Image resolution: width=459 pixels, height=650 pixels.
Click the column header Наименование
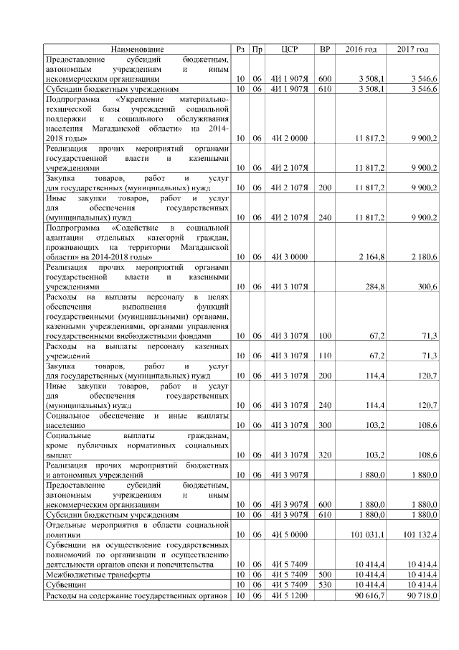137,49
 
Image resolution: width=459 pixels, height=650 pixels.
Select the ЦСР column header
290,49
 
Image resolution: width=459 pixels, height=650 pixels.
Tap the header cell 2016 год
361,49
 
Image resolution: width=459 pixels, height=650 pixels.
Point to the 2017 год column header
413,49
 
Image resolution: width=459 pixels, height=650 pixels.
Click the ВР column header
325,49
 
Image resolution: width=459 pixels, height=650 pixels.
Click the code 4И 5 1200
290,596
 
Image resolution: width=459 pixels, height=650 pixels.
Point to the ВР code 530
325,585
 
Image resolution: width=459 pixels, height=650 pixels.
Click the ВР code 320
325,455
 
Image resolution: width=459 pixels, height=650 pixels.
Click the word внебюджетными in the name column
154,335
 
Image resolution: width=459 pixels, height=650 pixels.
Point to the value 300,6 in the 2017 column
427,286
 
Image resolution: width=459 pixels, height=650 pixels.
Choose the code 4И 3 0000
290,256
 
